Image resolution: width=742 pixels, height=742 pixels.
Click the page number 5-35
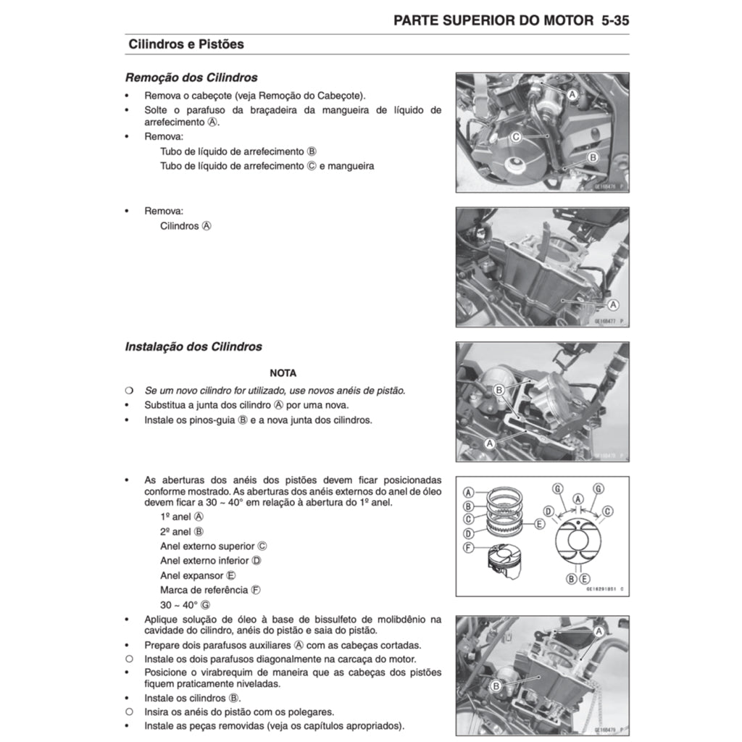click(614, 20)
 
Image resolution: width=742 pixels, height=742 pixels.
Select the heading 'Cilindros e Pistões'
click(185, 44)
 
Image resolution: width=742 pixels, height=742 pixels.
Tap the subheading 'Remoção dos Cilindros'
click(191, 78)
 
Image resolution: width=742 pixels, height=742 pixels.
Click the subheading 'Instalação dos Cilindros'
click(193, 347)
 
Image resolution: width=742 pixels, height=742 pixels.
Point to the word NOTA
click(283, 373)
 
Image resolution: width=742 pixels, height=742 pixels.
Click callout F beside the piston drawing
click(469, 547)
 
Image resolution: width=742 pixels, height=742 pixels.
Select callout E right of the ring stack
click(539, 522)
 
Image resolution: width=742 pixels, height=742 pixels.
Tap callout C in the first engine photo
click(516, 136)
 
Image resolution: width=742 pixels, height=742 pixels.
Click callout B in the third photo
click(499, 390)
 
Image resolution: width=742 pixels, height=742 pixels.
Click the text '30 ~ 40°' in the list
click(179, 604)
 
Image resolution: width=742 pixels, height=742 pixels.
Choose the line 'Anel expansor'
click(192, 575)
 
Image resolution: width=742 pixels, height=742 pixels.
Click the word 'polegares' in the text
click(313, 712)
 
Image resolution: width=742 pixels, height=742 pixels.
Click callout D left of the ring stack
click(469, 534)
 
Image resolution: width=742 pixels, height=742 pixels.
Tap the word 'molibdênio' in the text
click(406, 619)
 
